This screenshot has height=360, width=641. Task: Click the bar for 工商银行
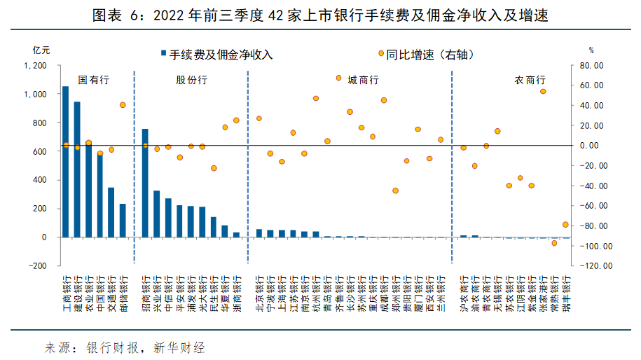pyautogui.click(x=66, y=162)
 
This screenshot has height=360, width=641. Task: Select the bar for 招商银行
pyautogui.click(x=145, y=183)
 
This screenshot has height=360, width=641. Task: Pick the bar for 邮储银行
pyautogui.click(x=123, y=221)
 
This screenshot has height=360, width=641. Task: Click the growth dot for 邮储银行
pyautogui.click(x=123, y=105)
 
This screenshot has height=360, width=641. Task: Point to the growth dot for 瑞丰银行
pyautogui.click(x=565, y=225)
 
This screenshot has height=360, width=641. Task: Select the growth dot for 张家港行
pyautogui.click(x=543, y=91)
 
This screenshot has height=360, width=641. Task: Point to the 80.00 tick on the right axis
pyautogui.click(x=592, y=66)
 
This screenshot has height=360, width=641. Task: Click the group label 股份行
pyautogui.click(x=191, y=80)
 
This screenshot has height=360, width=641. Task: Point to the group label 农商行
pyautogui.click(x=530, y=80)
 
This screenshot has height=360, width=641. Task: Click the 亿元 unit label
pyautogui.click(x=41, y=50)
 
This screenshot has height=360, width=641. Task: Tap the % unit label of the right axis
pyautogui.click(x=591, y=50)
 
